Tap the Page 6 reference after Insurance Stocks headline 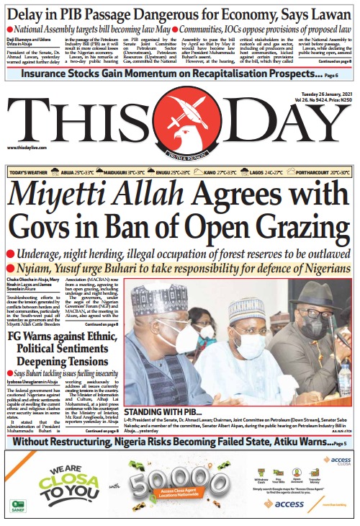(330, 75)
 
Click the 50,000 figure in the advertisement (169, 479)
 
